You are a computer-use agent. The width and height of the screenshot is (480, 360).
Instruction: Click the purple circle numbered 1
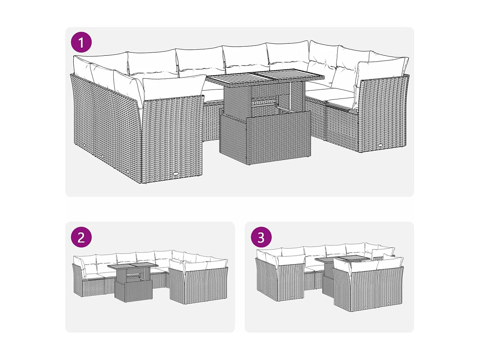(x=81, y=42)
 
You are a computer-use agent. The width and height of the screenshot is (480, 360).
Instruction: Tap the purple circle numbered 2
(x=81, y=237)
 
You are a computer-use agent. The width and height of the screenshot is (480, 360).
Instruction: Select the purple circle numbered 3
(x=261, y=237)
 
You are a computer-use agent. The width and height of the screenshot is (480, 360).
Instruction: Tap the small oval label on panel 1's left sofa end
(x=175, y=174)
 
